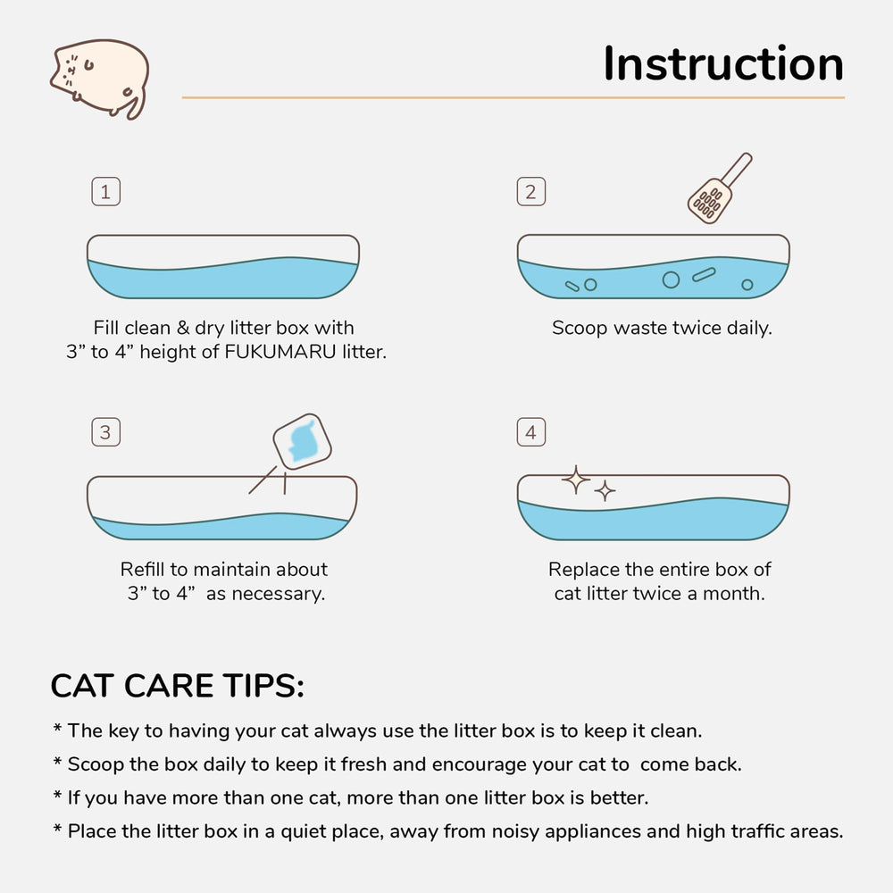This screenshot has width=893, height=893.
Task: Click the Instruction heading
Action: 722,63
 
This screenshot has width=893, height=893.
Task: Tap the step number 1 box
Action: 105,192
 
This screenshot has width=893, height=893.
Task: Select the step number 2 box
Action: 530,192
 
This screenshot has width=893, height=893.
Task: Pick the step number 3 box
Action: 105,433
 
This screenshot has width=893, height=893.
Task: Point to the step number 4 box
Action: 530,433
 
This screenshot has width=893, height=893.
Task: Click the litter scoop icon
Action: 717,190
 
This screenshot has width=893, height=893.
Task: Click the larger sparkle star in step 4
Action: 576,480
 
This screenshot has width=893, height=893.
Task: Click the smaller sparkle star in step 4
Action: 605,490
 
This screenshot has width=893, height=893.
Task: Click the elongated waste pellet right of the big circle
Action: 704,275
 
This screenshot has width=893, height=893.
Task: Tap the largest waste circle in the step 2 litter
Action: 671,280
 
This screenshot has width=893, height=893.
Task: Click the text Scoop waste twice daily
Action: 661,328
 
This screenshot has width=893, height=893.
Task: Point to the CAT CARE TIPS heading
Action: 178,686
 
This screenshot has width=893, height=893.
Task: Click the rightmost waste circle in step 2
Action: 747,285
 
